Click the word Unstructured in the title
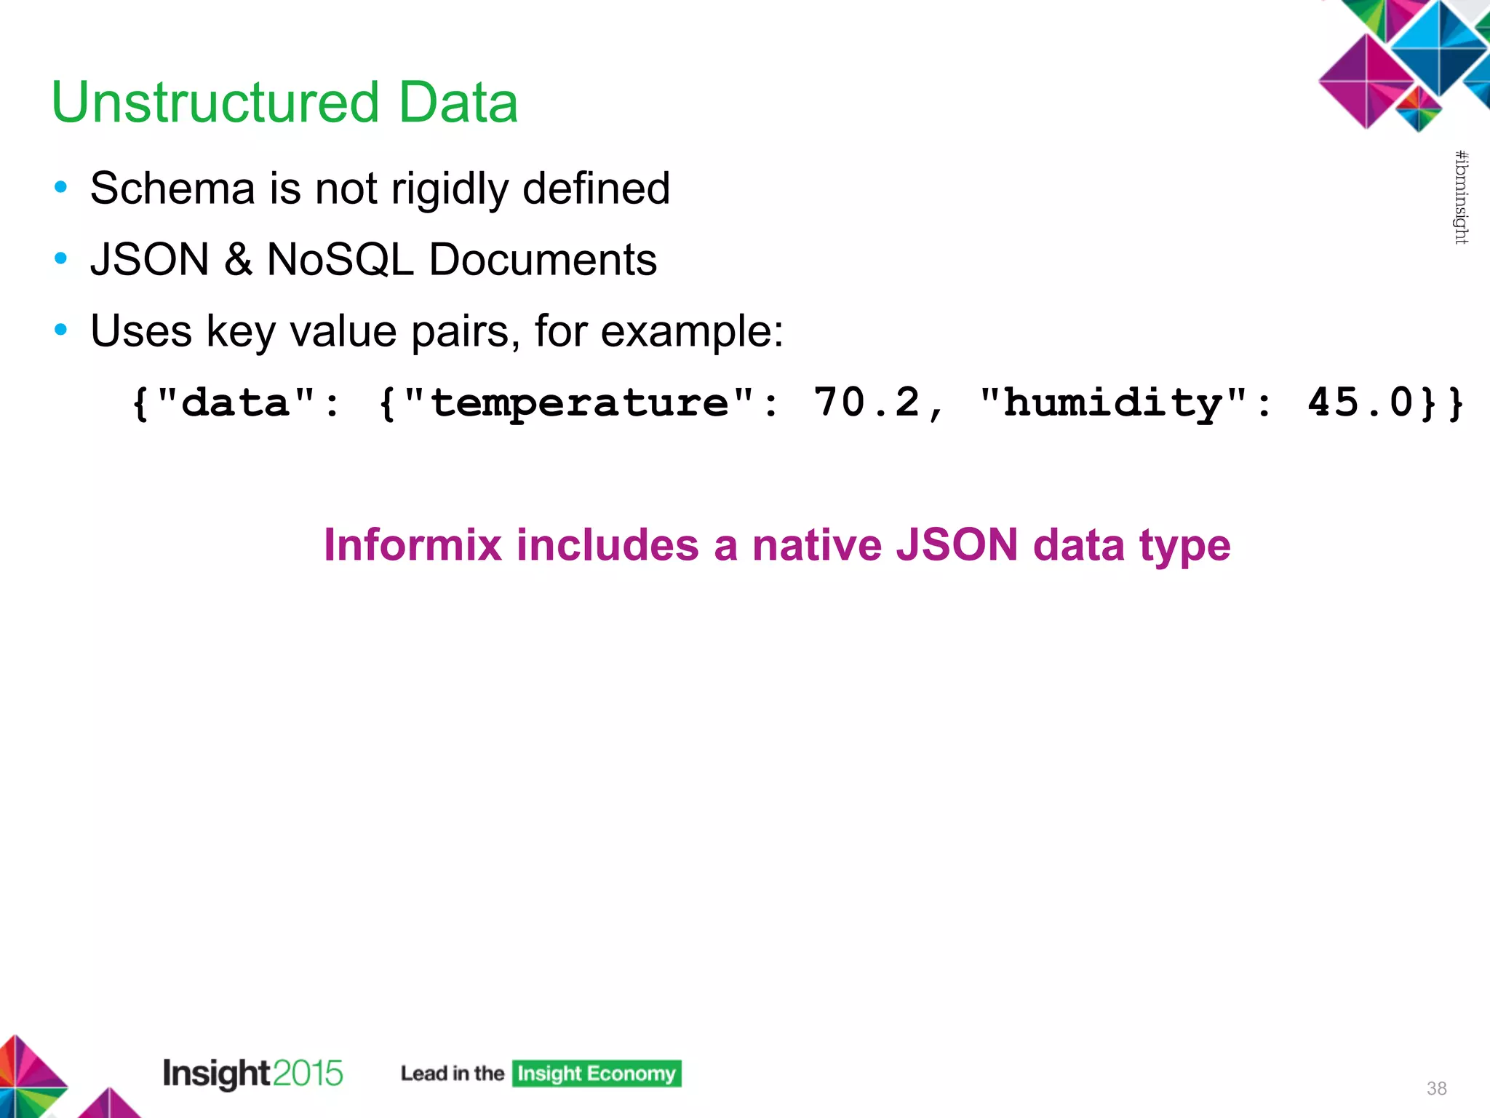tap(215, 102)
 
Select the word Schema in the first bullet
tap(172, 189)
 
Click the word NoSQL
tap(340, 259)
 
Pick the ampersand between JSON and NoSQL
tap(238, 259)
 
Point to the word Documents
tap(543, 259)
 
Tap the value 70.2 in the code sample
tap(866, 402)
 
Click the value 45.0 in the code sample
tap(1360, 402)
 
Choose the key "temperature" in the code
tap(579, 402)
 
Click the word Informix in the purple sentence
tap(413, 544)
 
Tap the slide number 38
tap(1436, 1088)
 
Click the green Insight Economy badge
tap(597, 1074)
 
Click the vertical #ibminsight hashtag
tap(1461, 197)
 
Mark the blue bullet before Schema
tap(61, 188)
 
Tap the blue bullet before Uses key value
tap(61, 330)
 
